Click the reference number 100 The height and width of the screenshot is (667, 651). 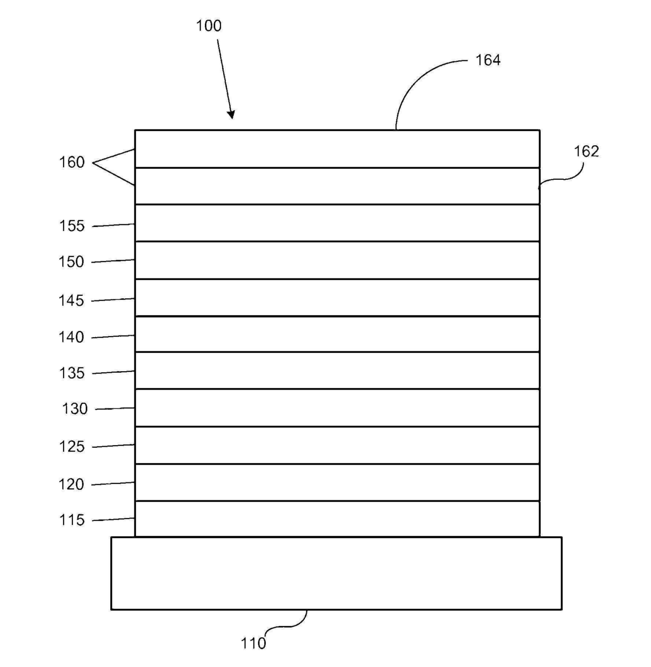point(208,26)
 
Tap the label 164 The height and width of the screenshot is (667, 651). point(488,60)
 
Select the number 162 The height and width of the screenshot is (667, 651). point(586,152)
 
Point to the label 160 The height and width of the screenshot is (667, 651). point(71,163)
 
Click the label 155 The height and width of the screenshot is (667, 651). point(71,226)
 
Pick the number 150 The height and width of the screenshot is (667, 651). point(71,262)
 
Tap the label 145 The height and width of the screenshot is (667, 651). point(71,300)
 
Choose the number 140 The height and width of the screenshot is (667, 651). point(71,337)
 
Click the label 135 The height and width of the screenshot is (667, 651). point(71,373)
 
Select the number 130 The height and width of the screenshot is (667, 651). point(75,409)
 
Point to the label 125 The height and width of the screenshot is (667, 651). point(71,447)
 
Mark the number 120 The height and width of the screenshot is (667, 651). point(71,485)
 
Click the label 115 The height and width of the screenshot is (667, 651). point(71,520)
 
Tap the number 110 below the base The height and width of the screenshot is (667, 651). point(253,643)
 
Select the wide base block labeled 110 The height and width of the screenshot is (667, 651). point(336,573)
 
